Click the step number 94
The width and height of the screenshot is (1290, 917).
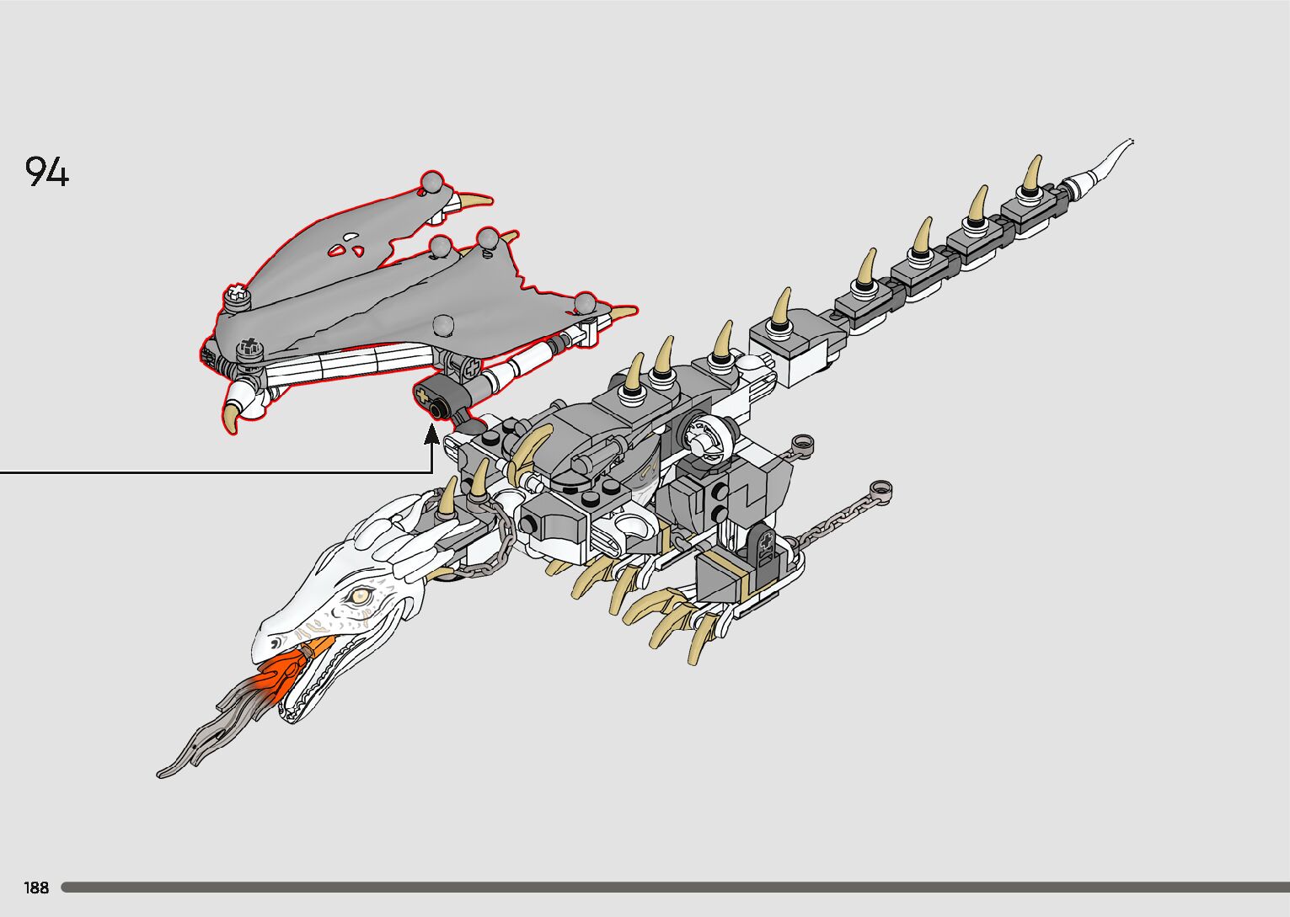pos(47,171)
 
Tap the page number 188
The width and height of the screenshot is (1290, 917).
pos(36,888)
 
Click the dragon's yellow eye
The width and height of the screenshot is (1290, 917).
pos(361,597)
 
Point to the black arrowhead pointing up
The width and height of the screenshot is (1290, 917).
pos(432,435)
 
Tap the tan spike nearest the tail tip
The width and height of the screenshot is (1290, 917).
pos(1032,173)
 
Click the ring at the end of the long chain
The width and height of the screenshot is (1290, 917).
pos(881,488)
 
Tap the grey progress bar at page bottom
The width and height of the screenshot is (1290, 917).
pos(674,887)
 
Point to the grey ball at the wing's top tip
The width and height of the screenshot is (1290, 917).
pos(433,182)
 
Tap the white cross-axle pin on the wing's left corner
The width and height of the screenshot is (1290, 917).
pos(238,295)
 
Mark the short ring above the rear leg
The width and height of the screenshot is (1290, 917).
pos(803,443)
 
